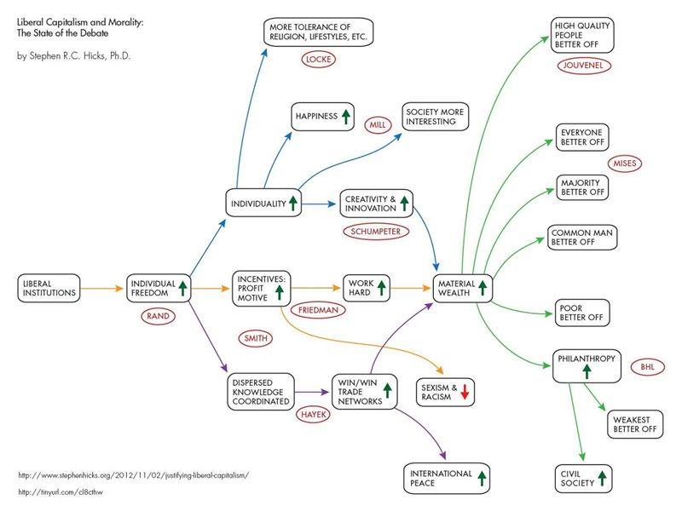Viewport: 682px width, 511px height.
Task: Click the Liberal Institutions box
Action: point(49,287)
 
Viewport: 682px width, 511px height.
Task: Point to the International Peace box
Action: point(448,478)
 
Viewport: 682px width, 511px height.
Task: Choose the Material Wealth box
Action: point(464,287)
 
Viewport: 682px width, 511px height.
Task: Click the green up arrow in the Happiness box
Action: point(346,117)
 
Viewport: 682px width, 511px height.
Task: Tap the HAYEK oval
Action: point(309,414)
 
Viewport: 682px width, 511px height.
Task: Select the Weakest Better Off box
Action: point(636,424)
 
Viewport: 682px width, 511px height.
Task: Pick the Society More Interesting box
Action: point(436,117)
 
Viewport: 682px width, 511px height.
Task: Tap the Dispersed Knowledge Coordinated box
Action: point(260,391)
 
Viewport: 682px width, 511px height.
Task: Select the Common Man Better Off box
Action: point(581,238)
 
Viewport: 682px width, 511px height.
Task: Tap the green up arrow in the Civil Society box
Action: point(602,478)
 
